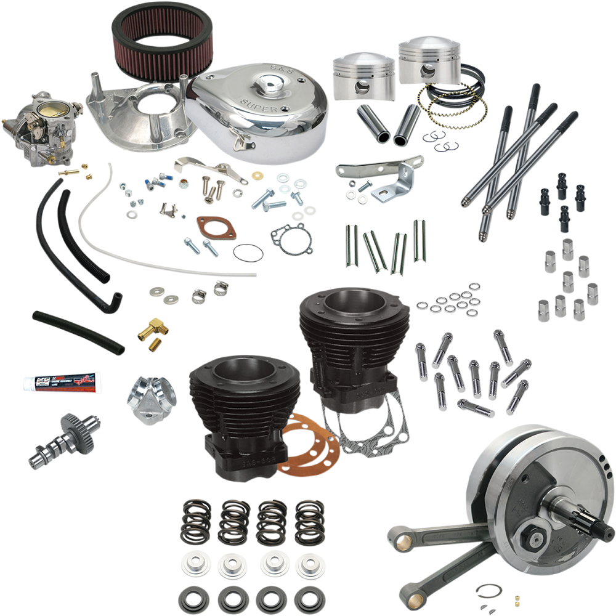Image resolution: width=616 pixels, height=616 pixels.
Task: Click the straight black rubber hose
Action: [x=77, y=332]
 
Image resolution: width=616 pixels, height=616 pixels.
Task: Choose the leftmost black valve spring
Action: [x=196, y=521]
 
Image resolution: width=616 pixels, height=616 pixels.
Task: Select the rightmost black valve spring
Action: [x=309, y=521]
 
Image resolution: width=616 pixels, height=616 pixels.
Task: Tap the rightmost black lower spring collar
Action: [x=309, y=598]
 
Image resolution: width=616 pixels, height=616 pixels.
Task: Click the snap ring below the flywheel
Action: [x=489, y=591]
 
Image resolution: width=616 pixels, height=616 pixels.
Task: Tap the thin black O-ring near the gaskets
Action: [x=248, y=253]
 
